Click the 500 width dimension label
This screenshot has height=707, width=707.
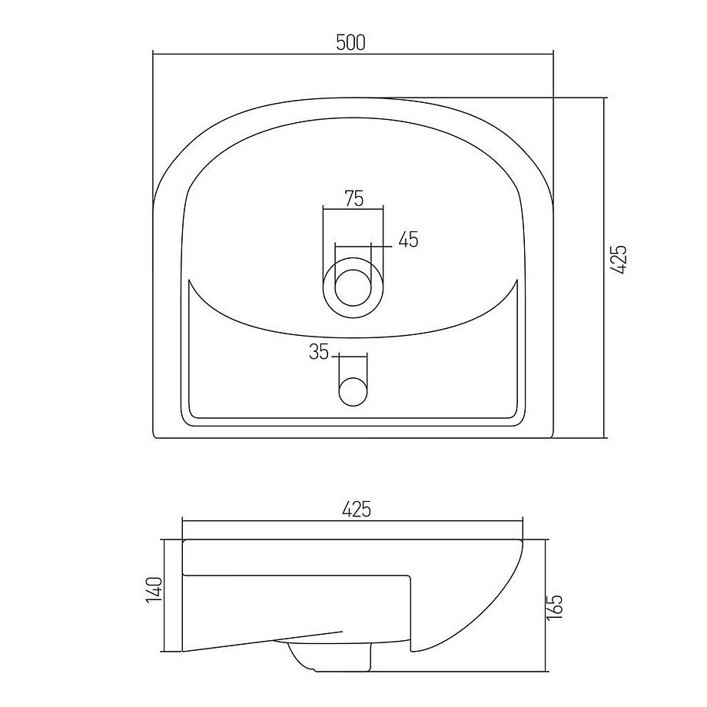(350, 42)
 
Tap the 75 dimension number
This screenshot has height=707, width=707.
(354, 198)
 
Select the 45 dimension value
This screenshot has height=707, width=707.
(409, 239)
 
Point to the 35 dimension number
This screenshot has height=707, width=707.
(319, 352)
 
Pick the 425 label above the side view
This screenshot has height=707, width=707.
(357, 509)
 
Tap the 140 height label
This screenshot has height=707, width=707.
(154, 589)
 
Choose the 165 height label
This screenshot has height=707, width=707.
(556, 607)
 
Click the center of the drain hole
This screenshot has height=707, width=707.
(353, 287)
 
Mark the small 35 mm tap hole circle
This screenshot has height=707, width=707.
(353, 391)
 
